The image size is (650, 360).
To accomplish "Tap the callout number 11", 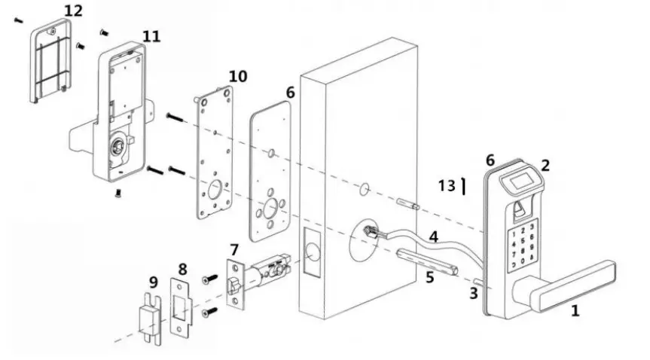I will click(x=151, y=36).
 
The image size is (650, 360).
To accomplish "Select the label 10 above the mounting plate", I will click(x=237, y=76).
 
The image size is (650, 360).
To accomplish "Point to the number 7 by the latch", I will click(x=234, y=249).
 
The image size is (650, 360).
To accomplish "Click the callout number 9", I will click(x=153, y=282).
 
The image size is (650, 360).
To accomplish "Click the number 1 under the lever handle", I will click(x=575, y=310).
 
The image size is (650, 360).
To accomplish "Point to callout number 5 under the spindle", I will click(x=429, y=277).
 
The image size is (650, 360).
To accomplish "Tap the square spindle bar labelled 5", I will click(x=426, y=261).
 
